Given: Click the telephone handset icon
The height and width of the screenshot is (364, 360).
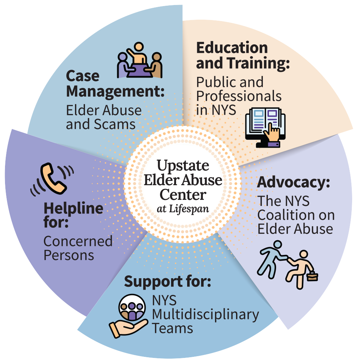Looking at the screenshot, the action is point(53,179).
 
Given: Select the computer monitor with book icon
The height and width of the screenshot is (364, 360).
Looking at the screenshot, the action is point(265,127).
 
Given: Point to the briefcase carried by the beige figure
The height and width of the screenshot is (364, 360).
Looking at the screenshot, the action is point(312,276).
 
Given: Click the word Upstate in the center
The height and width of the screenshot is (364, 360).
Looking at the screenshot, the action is point(183,166).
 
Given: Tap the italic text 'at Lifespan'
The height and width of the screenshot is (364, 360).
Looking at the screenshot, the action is point(183,209).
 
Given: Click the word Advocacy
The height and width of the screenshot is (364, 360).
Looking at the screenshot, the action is point(293,183).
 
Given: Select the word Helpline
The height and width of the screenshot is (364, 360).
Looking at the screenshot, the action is point(74,208).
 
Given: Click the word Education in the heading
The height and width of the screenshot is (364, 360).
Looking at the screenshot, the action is point(232,48).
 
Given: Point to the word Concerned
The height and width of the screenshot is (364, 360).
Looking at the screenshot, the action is point(78,241).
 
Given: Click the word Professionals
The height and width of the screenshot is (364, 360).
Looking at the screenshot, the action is point(239,96).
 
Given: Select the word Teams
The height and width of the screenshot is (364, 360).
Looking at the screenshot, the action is point(172,329).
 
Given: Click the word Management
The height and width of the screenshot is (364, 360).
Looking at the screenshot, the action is point(115,92).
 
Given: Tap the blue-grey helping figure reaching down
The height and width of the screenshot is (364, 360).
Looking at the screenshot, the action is point(272,259).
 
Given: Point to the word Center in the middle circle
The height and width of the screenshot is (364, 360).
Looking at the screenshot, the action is point(183,195).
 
